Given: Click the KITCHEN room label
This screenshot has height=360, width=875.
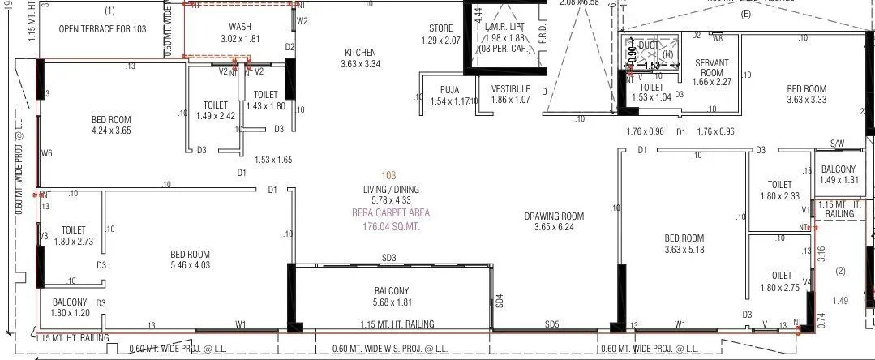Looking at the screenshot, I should (361, 53).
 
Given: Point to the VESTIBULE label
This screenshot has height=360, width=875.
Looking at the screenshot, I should (510, 89).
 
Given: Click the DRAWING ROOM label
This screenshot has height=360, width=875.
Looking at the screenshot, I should (554, 216).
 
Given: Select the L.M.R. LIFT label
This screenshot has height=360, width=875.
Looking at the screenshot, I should (504, 28).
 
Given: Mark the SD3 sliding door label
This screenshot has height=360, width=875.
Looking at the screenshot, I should (388, 258).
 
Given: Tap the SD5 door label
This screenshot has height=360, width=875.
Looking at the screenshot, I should (552, 324).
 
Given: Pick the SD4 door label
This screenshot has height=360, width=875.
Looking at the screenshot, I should (500, 299).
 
